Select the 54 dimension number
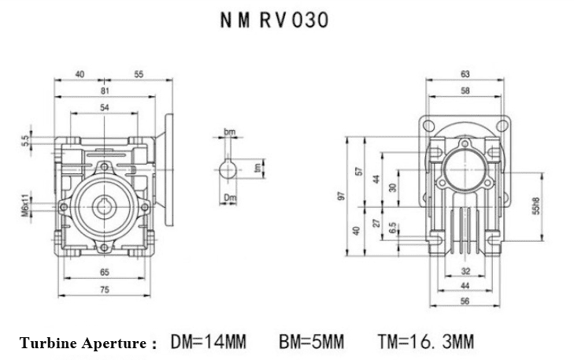[104, 106]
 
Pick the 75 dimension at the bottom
[104, 289]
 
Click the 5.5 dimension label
[25, 142]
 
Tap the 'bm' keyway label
[229, 132]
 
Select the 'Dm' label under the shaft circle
[229, 197]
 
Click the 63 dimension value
[465, 74]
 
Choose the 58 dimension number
[465, 92]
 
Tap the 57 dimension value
[359, 172]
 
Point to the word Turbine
[49, 343]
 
